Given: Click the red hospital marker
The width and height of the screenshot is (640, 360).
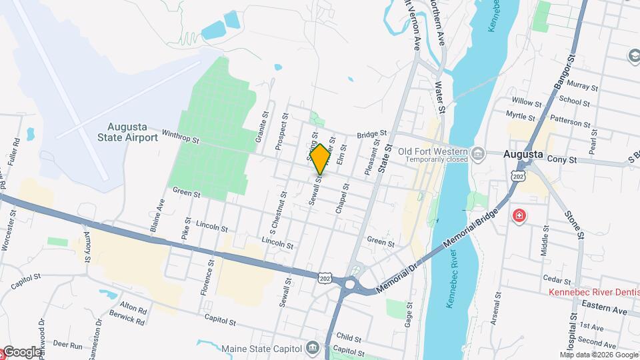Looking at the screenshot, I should pos(519,217).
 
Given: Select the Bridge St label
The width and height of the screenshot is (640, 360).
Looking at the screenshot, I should pos(371,135).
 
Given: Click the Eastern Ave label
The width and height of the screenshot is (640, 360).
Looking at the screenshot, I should pos(603,311).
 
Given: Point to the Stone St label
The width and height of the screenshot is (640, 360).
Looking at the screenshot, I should pos(575,225).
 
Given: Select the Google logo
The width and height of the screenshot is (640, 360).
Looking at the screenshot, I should pos(22,351).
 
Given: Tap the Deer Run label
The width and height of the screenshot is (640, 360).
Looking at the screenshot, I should pos(67,346).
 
